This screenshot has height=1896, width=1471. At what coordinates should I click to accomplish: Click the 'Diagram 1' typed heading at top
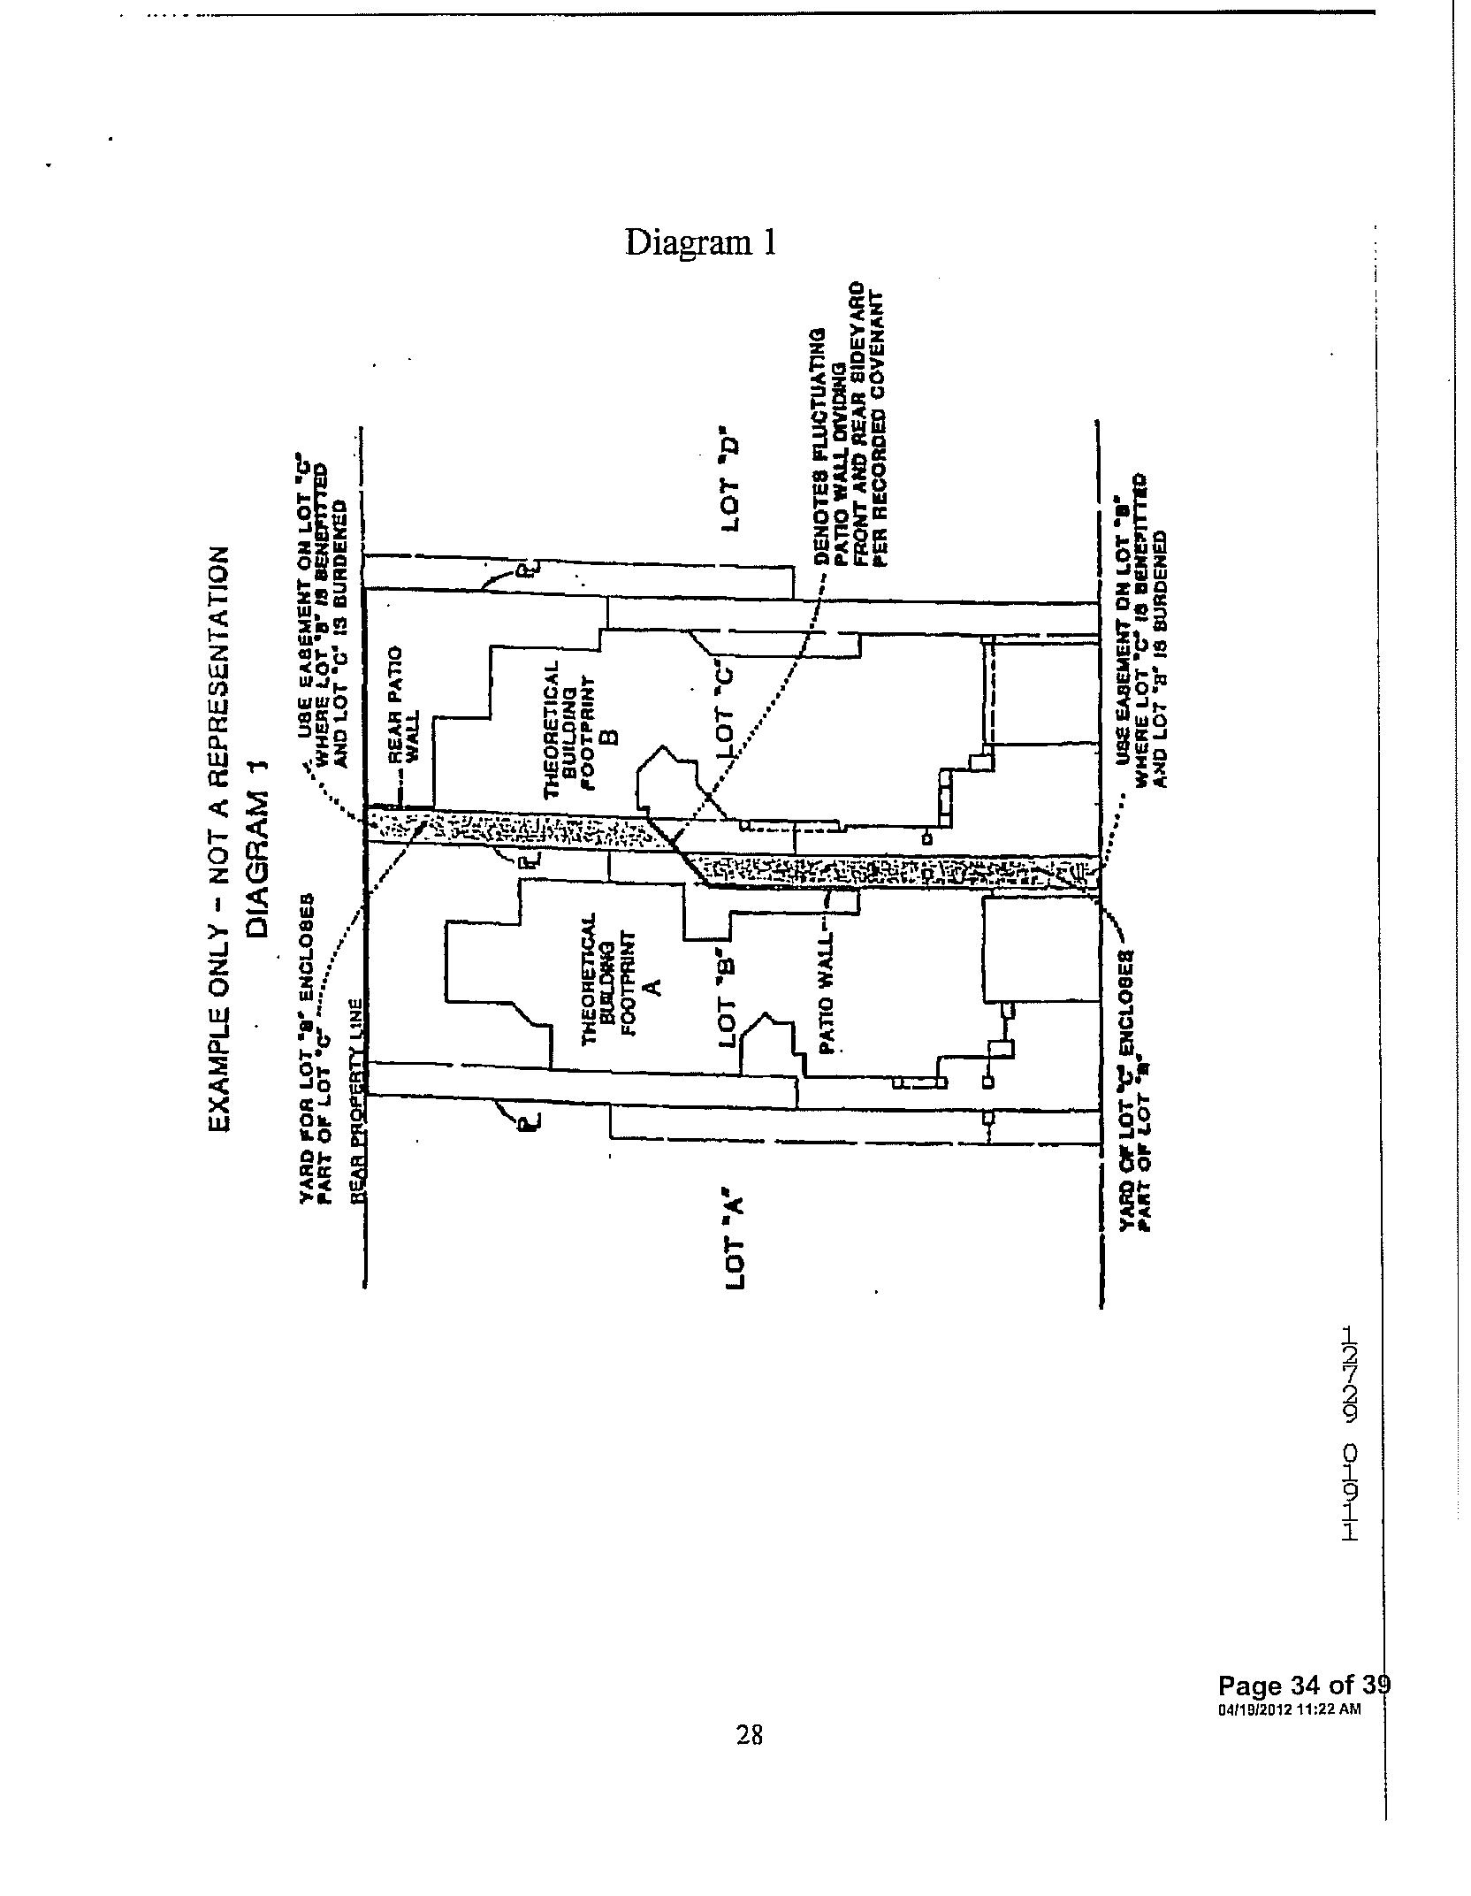tap(701, 242)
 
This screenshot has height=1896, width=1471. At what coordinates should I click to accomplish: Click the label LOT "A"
tap(735, 1243)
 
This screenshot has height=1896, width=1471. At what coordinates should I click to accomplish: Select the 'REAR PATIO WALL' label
tap(403, 705)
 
